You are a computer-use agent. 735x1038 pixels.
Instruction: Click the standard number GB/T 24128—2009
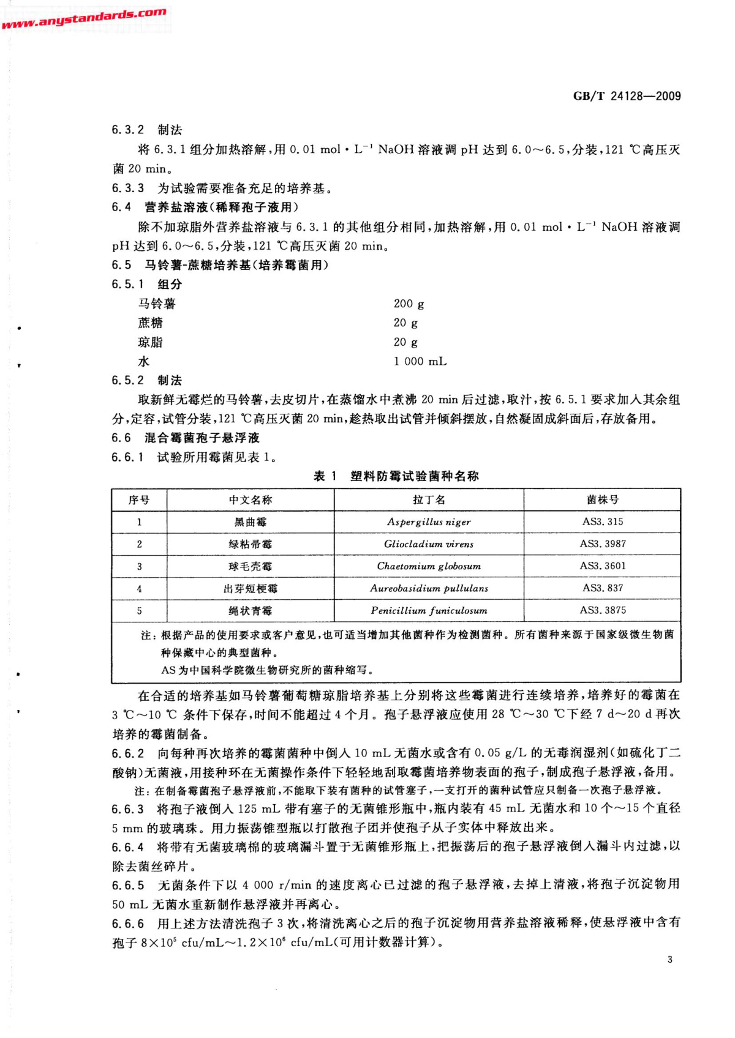click(x=627, y=96)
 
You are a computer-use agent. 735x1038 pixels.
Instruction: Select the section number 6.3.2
click(x=127, y=130)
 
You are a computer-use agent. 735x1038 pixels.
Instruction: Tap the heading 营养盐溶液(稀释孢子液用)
click(x=222, y=207)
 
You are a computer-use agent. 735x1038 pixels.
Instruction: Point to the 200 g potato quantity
click(x=409, y=304)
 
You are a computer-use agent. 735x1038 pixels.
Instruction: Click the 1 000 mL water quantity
click(x=420, y=361)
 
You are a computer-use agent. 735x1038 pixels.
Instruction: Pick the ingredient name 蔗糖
click(x=151, y=323)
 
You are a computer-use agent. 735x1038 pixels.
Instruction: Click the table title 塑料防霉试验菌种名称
click(x=415, y=476)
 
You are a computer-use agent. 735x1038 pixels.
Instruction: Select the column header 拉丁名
click(x=429, y=500)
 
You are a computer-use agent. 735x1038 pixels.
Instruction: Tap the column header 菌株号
click(x=602, y=500)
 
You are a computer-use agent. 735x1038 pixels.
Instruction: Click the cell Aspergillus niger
click(x=429, y=522)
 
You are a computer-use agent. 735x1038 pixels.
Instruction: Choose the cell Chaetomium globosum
click(x=429, y=566)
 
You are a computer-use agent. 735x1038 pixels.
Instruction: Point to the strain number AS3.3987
click(x=603, y=543)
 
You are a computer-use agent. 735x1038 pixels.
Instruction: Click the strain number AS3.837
click(x=603, y=588)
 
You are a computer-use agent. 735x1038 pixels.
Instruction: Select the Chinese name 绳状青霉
click(x=251, y=610)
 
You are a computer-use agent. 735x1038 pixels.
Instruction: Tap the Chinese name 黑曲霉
click(x=251, y=522)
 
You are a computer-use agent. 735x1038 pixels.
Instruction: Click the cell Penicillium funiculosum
click(x=429, y=610)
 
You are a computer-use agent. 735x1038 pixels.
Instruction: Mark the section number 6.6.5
click(x=128, y=886)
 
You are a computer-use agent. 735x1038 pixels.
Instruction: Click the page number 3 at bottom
click(x=670, y=960)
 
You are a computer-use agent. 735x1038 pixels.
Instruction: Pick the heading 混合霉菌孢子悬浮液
click(x=202, y=438)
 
